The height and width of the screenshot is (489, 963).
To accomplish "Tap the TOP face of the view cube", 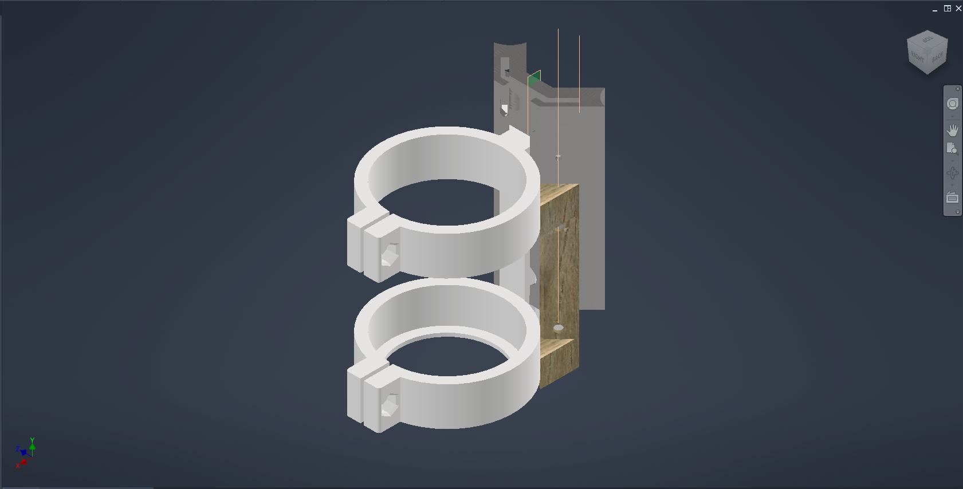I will coord(927,40).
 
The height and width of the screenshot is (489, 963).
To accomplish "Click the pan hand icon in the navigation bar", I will coord(952,130).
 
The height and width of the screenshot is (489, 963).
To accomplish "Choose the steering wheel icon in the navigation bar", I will coord(952,104).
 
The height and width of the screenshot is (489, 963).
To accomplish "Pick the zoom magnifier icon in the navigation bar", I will coord(952,149).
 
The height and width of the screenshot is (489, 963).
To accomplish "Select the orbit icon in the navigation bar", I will coord(952,173).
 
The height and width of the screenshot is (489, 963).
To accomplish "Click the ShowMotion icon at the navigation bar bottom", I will coord(952,198).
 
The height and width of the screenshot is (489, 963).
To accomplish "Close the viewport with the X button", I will coord(958,9).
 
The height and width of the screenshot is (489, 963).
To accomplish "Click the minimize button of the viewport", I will coord(935,9).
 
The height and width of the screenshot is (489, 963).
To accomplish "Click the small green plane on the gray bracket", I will coord(534,78).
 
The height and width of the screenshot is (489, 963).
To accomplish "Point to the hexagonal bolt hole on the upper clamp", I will coord(390,255).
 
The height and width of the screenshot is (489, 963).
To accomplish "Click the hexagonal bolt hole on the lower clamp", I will coord(390,406).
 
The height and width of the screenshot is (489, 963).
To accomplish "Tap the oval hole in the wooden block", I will coord(559,328).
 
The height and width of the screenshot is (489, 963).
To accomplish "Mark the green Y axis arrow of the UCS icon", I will coord(33,443).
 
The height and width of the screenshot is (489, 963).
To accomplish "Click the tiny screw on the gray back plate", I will coord(558,156).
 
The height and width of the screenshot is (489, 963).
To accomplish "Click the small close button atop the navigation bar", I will coord(958,89).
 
